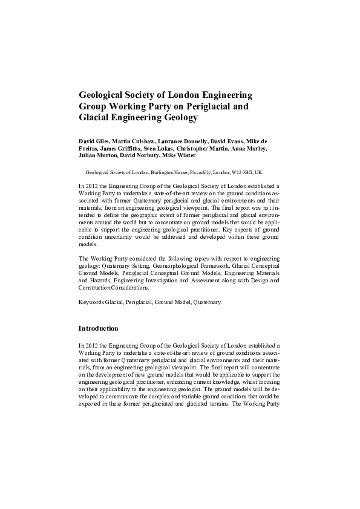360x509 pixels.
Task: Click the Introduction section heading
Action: coord(98,328)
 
